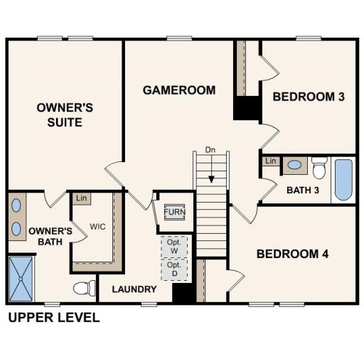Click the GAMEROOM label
point(178,90)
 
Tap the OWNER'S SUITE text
point(60,115)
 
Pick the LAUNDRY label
point(134,289)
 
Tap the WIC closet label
point(97,229)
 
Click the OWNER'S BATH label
point(50,237)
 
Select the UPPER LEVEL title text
point(54,318)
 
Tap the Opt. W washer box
point(173,246)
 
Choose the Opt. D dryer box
point(173,269)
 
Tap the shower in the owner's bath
point(22,279)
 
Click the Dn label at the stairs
point(210,150)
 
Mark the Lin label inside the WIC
point(81,198)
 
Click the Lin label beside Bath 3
point(271,161)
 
